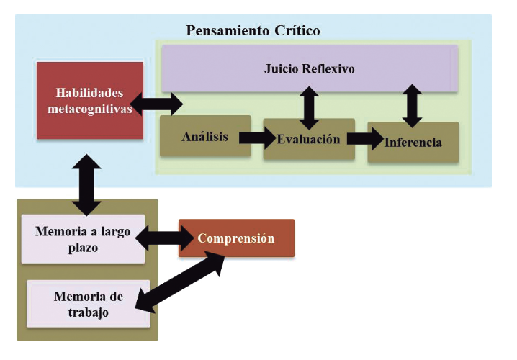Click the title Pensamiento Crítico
click(253, 30)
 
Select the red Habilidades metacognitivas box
click(90, 101)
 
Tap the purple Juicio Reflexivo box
click(310, 68)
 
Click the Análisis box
click(205, 136)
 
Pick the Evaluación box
click(309, 139)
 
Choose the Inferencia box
click(413, 142)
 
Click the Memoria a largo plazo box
click(83, 239)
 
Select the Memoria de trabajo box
click(88, 304)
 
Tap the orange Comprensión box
click(236, 238)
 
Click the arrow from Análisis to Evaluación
click(257, 136)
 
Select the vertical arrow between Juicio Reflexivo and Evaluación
click(310, 106)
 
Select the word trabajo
click(89, 312)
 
